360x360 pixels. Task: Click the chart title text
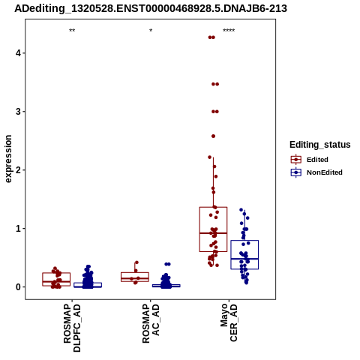(151, 8)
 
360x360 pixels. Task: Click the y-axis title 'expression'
(8, 159)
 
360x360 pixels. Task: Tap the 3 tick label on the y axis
(19, 112)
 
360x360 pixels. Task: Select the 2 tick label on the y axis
(19, 170)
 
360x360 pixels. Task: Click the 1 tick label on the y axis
(19, 229)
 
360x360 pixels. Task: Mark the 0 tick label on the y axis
(19, 287)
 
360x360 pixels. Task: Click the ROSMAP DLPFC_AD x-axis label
(72, 328)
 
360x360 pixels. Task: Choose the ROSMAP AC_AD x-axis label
(151, 324)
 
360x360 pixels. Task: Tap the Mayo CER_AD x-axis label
(229, 322)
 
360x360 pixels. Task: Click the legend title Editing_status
(320, 145)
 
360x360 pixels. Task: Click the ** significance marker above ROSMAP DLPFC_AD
(72, 31)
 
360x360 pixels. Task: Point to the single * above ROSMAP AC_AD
(151, 31)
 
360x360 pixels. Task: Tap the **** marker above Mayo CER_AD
(229, 31)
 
